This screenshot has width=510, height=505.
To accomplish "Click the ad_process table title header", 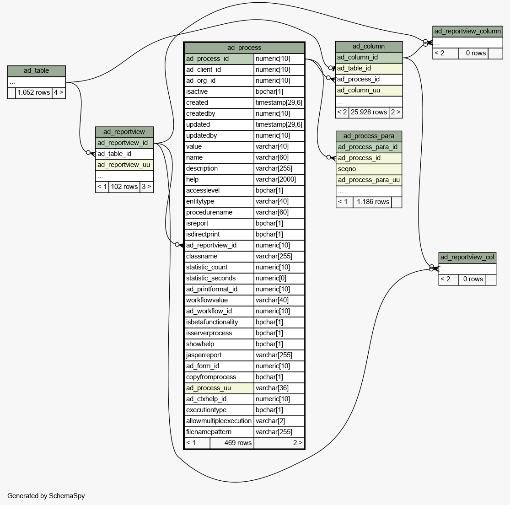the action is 244,48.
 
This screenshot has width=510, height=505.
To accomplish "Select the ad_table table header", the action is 37,71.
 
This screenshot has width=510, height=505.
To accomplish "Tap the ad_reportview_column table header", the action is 467,32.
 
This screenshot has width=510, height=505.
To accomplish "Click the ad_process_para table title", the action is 369,136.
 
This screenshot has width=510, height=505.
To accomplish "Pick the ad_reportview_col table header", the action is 467,258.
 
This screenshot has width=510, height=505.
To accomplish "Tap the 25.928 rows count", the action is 369,112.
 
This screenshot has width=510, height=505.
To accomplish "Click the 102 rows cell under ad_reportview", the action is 124,187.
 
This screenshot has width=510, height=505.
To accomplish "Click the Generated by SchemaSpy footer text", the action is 46,496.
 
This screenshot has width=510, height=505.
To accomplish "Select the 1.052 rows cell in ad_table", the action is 34,93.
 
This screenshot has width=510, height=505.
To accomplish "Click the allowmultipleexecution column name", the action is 219,421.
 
